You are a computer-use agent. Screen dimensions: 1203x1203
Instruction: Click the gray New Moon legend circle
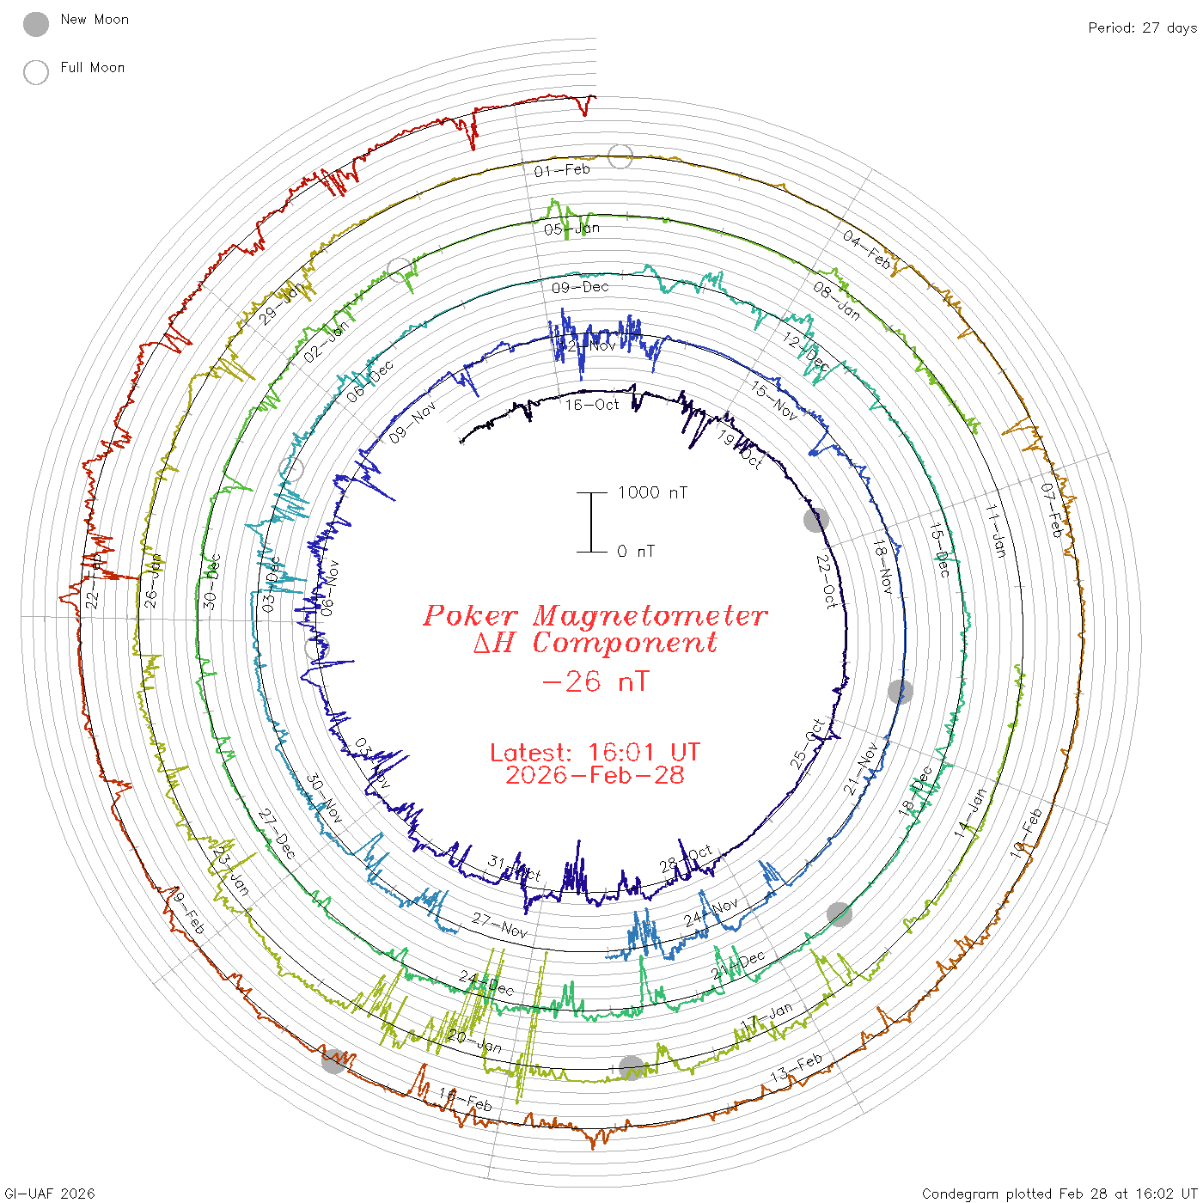point(36,25)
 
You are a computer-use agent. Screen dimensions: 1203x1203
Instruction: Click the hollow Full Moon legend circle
point(36,73)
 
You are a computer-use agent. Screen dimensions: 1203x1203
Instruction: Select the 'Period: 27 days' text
point(1142,28)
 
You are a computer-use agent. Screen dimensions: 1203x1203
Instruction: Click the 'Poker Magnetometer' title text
point(595,615)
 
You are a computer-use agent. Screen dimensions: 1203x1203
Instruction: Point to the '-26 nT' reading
point(595,682)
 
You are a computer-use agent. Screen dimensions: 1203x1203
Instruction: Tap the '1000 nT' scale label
point(653,492)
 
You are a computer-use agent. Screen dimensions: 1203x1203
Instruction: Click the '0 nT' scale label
point(636,552)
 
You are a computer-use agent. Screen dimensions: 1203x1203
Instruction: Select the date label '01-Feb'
point(562,170)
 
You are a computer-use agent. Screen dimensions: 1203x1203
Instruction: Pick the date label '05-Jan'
point(571,229)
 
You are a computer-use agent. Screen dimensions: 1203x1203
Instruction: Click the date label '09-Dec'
point(580,287)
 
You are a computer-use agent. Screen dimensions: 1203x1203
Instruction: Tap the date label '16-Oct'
point(592,405)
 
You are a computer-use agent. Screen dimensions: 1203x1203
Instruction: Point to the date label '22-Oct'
point(825,582)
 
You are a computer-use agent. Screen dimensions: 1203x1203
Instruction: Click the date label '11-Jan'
point(995,531)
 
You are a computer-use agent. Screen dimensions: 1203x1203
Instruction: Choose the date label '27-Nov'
point(499,925)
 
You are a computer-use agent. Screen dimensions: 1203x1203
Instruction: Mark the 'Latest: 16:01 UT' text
point(595,753)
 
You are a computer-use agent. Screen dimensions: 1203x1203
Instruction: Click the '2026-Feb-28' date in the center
point(595,776)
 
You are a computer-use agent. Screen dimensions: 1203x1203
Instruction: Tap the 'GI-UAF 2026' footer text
point(50,1194)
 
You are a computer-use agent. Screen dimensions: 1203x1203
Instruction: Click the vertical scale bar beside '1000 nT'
point(591,522)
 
